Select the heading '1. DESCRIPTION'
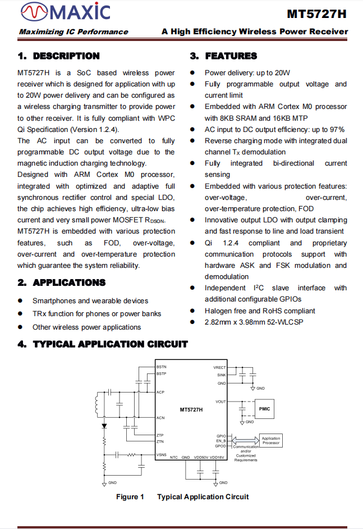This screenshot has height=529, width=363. click(58, 56)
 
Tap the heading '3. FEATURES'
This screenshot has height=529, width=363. click(223, 56)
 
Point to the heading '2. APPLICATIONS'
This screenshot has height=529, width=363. click(61, 282)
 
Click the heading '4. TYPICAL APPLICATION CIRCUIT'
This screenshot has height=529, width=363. click(103, 344)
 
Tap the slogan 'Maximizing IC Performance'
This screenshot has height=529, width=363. click(73, 32)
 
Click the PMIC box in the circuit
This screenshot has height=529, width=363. click(264, 409)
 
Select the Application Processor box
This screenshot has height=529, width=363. click(270, 441)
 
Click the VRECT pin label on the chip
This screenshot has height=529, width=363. click(220, 368)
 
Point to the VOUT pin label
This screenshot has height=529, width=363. click(220, 402)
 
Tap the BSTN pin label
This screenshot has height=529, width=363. click(162, 367)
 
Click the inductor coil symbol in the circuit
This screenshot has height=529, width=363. click(99, 404)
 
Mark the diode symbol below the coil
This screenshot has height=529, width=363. click(104, 426)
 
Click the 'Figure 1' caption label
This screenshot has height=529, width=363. click(130, 496)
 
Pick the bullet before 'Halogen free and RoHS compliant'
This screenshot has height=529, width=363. click(192, 311)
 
